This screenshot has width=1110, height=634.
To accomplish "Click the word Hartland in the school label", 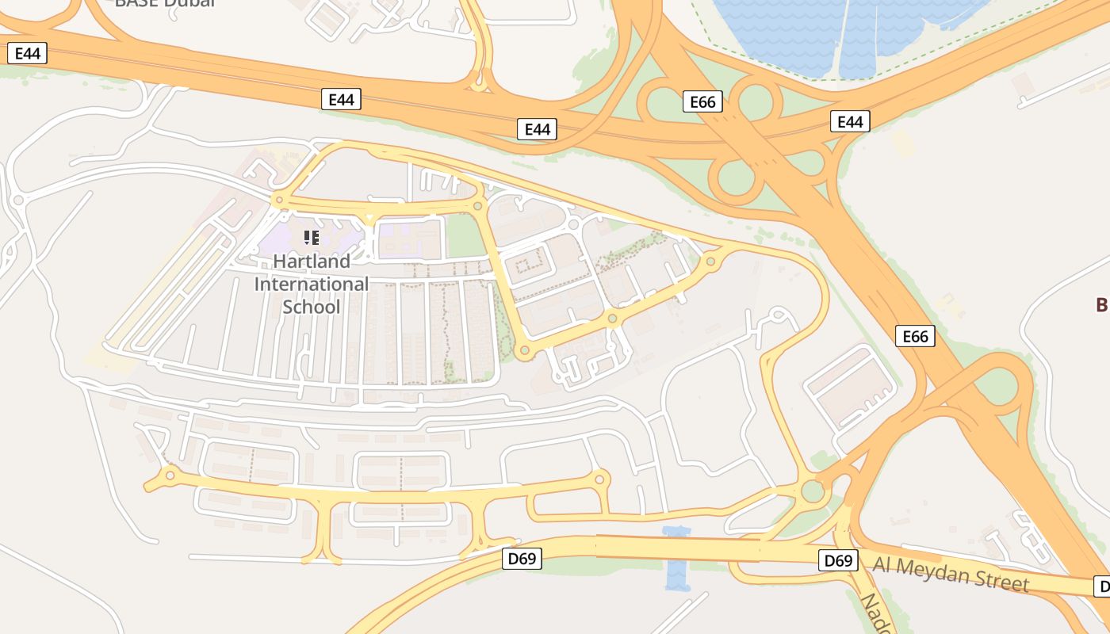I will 311,262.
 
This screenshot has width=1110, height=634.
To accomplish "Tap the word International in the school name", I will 311,284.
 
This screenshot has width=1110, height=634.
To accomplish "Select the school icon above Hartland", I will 312,237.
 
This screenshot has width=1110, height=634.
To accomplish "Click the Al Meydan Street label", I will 951,574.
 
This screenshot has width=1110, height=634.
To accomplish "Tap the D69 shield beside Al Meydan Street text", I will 838,561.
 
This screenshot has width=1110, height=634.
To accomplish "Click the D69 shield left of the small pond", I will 522,559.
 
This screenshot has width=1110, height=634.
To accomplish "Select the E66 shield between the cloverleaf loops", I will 702,101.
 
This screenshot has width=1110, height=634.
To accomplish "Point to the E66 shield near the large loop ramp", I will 915,336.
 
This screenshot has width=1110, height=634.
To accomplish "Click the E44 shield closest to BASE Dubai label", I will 27,53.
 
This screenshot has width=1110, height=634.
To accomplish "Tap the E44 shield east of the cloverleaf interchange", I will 850,121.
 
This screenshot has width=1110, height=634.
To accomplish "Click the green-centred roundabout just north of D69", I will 813,491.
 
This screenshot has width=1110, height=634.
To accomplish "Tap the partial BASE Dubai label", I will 164,3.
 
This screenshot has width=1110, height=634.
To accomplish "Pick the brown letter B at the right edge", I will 1101,304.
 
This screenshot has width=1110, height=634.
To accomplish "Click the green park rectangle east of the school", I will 465,236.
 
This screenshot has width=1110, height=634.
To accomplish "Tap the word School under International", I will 311,307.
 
